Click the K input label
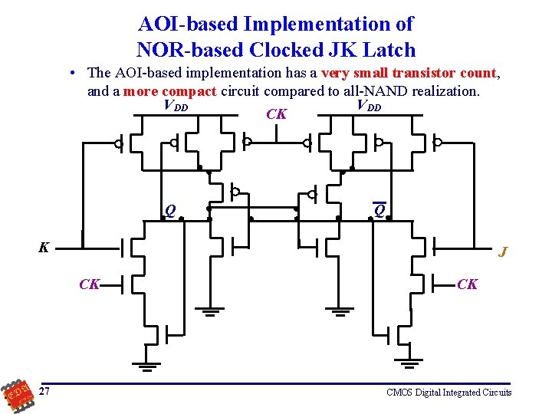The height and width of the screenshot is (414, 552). (44, 248)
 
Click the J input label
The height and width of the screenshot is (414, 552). (503, 251)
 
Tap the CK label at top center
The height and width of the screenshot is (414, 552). (276, 115)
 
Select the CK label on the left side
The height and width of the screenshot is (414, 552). (90, 284)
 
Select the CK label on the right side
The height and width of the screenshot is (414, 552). (467, 284)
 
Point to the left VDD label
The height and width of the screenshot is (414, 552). (176, 106)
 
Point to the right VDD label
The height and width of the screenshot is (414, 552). (369, 106)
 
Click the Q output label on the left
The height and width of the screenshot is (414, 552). (170, 211)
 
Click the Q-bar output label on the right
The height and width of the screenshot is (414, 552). (379, 211)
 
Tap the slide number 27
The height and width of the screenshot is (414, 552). (45, 392)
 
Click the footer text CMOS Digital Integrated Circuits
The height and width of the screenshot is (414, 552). (449, 393)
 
